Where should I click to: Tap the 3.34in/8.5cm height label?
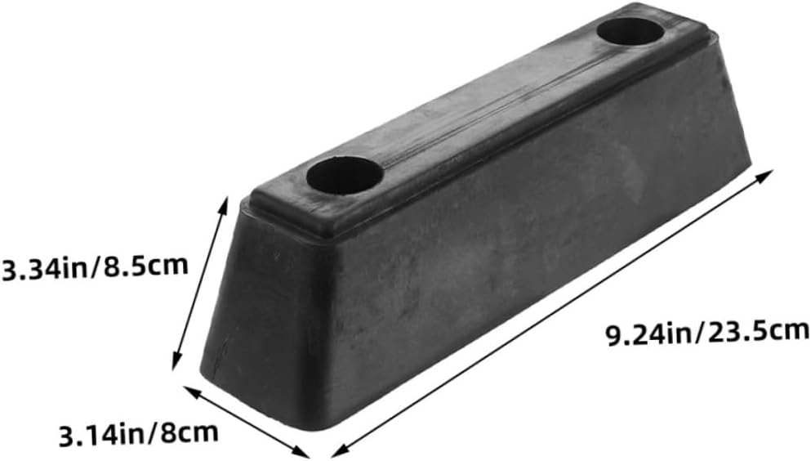pos(95,267)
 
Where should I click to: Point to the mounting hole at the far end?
pos(629,31)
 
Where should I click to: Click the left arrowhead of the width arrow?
pos(185,389)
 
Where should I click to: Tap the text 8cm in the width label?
pos(192,431)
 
